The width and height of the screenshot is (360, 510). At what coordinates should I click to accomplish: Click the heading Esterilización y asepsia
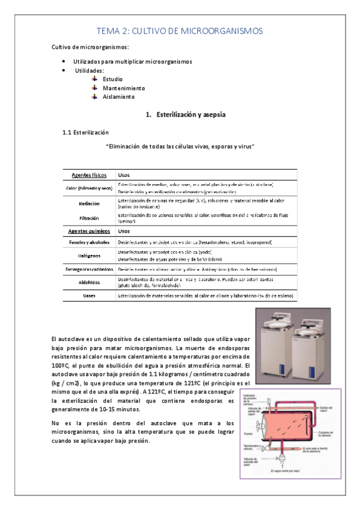183,114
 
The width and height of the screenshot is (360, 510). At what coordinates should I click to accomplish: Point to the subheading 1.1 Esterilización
86,132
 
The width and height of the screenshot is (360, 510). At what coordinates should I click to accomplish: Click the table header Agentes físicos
89,174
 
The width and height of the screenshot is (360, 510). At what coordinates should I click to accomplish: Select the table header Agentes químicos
89,231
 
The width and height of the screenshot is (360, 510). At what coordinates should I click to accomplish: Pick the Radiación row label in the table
89,203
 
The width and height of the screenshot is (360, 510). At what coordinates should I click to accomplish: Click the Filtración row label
89,218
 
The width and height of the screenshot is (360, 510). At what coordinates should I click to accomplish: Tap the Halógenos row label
89,255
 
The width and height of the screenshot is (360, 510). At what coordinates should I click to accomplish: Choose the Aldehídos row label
89,282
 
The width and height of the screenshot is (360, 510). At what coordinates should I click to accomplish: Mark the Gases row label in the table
89,296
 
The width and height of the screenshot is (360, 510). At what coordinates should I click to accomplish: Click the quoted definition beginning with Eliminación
180,146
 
